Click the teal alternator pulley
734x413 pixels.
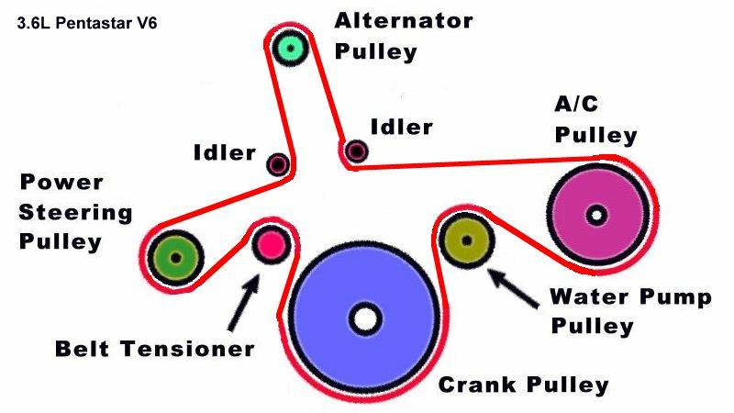pyautogui.click(x=291, y=46)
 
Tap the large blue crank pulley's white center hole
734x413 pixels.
pyautogui.click(x=366, y=319)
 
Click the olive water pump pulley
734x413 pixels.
pyautogui.click(x=466, y=240)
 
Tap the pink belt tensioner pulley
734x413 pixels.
pyautogui.click(x=272, y=243)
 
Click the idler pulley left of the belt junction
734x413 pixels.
pyautogui.click(x=278, y=164)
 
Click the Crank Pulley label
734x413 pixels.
pyautogui.click(x=524, y=383)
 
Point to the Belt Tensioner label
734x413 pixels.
pyautogui.click(x=153, y=349)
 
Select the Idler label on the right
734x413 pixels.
pyautogui.click(x=401, y=127)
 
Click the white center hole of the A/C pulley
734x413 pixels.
pyautogui.click(x=597, y=216)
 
